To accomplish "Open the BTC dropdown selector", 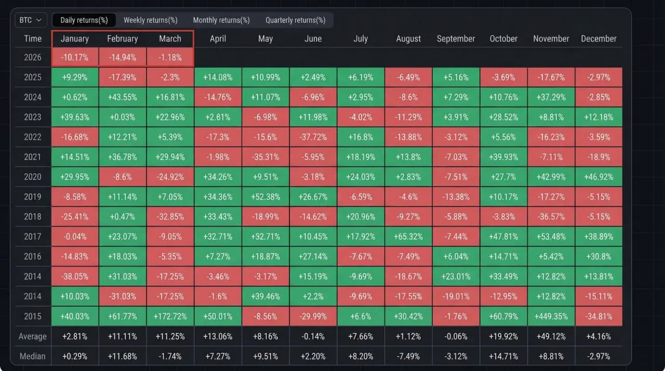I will (31, 20).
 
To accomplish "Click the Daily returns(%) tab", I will (84, 20).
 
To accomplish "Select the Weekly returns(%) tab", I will (150, 20).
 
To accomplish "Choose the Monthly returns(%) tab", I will (221, 20).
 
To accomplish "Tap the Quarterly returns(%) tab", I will (295, 20).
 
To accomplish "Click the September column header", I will (456, 39).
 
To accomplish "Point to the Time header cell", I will (33, 39).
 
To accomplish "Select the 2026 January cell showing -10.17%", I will (75, 58).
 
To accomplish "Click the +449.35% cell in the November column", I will (551, 316).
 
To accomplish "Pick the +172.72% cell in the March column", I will (170, 316).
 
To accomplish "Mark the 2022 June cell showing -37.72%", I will (313, 137).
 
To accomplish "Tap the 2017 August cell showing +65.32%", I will (408, 236).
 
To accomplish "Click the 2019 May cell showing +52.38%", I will (265, 197).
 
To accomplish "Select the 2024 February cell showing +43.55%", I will (122, 97).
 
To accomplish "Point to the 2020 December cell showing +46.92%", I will (598, 177).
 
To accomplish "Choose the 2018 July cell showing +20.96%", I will (361, 217).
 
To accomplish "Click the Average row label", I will (33, 337).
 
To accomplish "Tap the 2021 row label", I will (33, 157).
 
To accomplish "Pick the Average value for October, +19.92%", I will (503, 337).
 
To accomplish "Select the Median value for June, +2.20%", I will (313, 356).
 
